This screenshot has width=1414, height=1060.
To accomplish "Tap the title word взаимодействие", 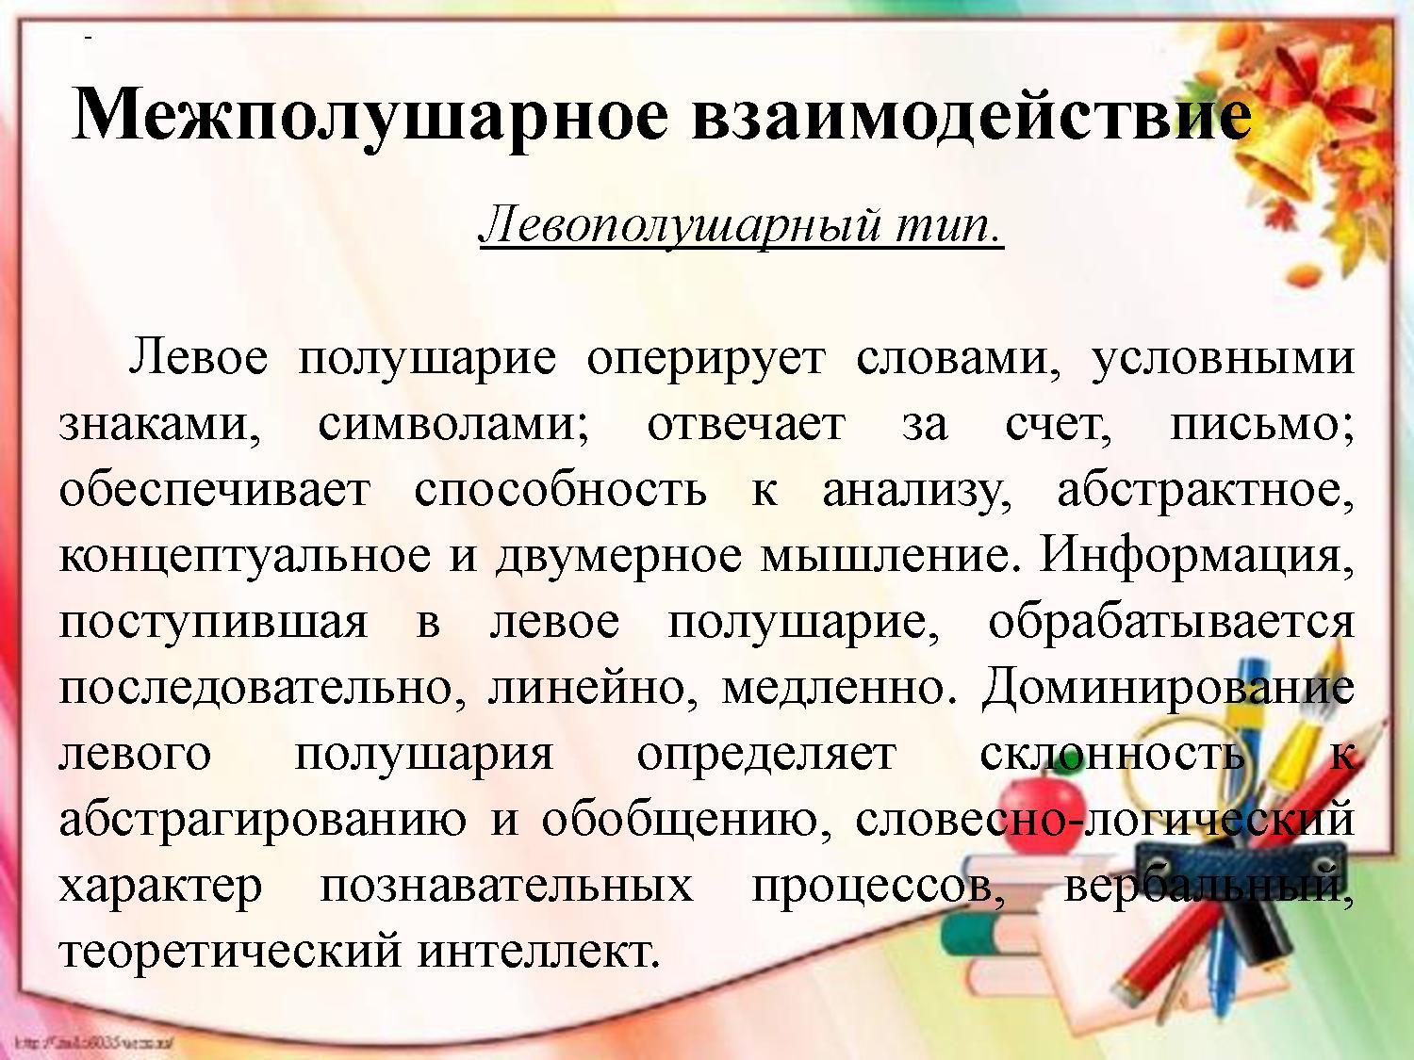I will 971,116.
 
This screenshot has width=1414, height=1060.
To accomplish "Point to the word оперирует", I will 705,360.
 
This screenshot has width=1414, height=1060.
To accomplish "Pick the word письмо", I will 1261,425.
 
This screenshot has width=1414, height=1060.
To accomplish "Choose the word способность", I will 560,490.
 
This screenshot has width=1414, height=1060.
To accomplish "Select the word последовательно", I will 263,688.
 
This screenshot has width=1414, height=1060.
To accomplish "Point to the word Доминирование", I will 1167,688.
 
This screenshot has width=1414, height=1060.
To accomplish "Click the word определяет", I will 765,754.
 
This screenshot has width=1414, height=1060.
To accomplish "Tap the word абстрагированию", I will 263,820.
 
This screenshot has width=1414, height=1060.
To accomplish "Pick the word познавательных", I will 506,886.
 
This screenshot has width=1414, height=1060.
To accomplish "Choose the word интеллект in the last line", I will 536,952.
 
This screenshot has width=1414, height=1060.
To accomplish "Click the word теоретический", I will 230,952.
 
